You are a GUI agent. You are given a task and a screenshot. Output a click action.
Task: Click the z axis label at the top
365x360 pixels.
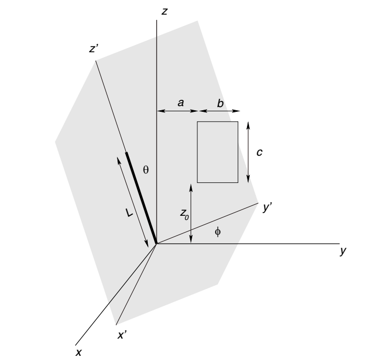164,11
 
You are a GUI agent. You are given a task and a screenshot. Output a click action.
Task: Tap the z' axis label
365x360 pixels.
94,49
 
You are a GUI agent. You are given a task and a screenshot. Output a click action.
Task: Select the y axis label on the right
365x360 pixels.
343,251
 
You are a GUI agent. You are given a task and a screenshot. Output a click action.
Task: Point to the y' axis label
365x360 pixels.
267,207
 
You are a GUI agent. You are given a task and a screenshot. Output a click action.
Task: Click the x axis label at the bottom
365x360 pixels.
79,353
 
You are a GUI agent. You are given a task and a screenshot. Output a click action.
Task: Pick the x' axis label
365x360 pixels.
122,335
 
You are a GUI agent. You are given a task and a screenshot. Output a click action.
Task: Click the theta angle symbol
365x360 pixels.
146,170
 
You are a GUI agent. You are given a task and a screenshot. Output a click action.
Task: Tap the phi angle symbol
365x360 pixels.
218,231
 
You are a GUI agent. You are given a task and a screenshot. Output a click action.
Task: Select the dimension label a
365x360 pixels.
181,103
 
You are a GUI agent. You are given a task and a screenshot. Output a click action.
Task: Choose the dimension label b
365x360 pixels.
220,103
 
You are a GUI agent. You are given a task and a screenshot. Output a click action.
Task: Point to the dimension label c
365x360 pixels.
260,152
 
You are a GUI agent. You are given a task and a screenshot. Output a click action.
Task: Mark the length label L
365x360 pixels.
129,213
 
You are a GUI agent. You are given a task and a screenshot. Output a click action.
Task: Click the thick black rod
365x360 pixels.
142,198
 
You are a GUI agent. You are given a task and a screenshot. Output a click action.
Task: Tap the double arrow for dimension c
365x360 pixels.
248,152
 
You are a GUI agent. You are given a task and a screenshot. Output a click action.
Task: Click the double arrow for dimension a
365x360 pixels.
178,111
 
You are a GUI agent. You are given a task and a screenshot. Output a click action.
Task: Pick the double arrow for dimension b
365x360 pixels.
219,111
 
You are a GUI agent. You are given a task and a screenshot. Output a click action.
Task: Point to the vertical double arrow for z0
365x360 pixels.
191,214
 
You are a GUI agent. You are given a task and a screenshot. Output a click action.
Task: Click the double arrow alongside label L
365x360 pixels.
133,202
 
